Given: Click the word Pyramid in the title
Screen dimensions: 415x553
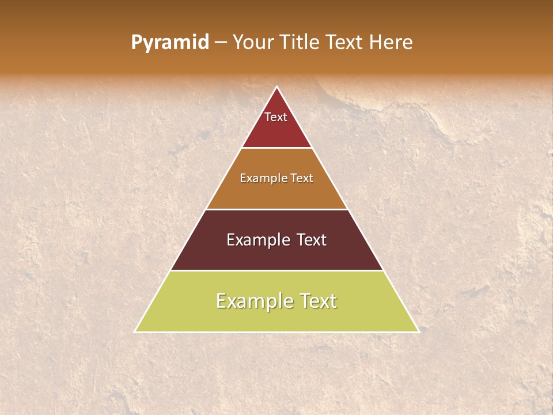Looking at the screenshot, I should [x=169, y=43].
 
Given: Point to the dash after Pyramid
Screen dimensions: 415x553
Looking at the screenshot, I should [x=220, y=43].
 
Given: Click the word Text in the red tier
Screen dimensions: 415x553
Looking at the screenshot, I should [x=276, y=117].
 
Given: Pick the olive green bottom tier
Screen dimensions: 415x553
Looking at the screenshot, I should [x=276, y=318].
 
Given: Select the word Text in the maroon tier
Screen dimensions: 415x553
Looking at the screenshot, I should [x=312, y=240].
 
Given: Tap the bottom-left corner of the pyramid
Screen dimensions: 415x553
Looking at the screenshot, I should [x=135, y=331].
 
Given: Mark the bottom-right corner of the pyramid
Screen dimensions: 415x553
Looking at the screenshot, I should [x=418, y=331].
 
